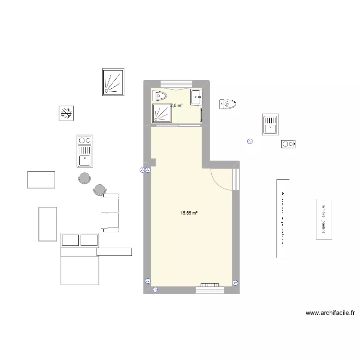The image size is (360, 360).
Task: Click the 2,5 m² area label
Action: click(x=177, y=105)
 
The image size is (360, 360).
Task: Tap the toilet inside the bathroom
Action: click(x=159, y=96)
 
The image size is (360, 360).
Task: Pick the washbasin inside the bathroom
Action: click(x=196, y=97)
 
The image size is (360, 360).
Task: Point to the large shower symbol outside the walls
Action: click(x=113, y=82)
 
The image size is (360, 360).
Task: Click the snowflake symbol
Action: click(x=66, y=114)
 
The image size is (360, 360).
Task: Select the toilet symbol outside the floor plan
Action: click(x=228, y=104)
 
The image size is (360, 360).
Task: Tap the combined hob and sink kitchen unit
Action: click(x=84, y=151)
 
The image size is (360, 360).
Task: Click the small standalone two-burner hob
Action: click(x=288, y=144)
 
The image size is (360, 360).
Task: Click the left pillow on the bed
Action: click(x=70, y=239)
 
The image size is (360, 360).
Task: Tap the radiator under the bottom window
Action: click(x=209, y=286)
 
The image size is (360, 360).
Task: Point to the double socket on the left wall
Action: click(x=145, y=170)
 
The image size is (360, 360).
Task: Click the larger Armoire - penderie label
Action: click(x=283, y=219)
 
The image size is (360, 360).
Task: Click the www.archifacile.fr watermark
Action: click(x=330, y=313)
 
